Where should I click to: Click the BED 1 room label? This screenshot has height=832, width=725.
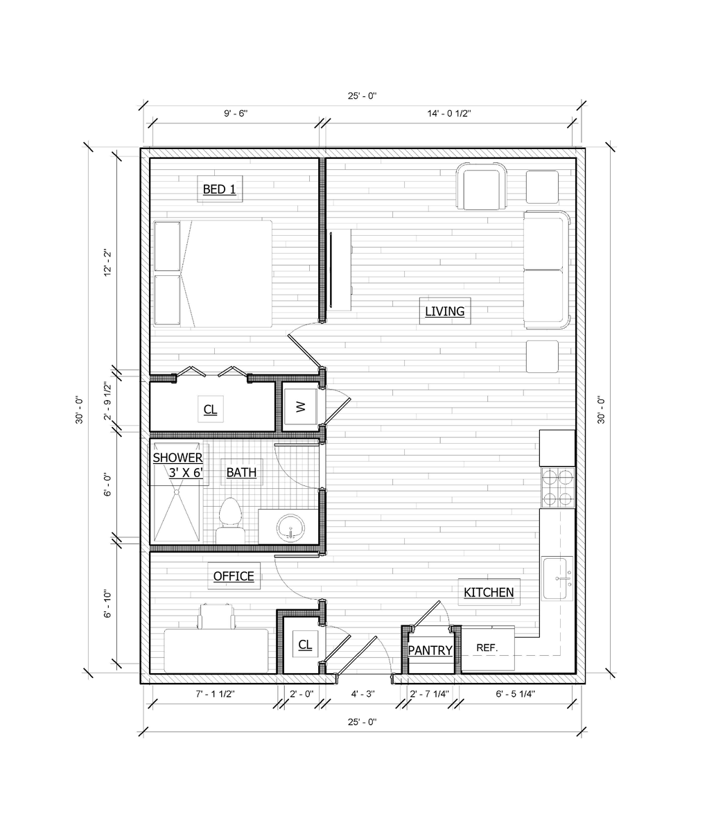point(220,189)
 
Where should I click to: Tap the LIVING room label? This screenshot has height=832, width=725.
point(444,311)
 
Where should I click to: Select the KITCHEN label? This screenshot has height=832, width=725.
point(489,593)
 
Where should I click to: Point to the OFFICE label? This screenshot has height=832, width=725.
point(234,575)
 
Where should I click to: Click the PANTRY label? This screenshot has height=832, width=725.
point(430,650)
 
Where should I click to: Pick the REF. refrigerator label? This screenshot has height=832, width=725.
point(487,648)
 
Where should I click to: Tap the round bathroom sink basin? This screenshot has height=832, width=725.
point(290,528)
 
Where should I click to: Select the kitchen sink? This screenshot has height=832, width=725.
point(555,579)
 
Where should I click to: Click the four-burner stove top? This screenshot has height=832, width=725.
point(557,487)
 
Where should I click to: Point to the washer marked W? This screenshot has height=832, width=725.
point(300,407)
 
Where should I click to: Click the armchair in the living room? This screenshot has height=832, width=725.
point(482,186)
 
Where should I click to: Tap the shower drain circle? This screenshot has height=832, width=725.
point(176,492)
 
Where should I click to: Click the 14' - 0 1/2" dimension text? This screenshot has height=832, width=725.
point(448,114)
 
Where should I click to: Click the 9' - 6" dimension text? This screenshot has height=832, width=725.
point(236,114)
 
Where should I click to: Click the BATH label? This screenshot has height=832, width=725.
point(241,472)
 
